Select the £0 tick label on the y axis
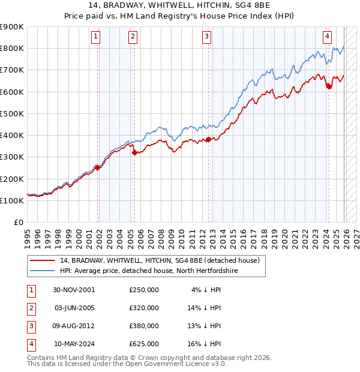pyautogui.click(x=18, y=222)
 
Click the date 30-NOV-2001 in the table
pyautogui.click(x=74, y=290)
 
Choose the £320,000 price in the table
pyautogui.click(x=144, y=308)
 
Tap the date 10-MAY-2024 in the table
pyautogui.click(x=74, y=344)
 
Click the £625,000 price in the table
pyautogui.click(x=144, y=344)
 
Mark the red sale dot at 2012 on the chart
pyautogui.click(x=208, y=139)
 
